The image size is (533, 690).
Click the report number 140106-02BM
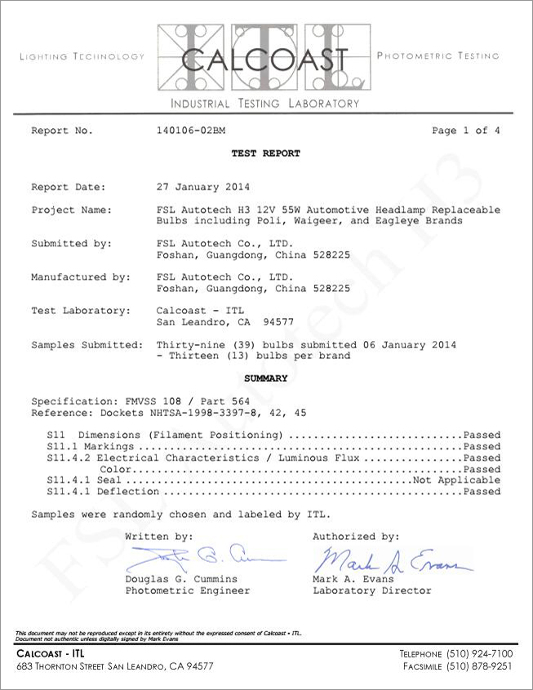[190, 130]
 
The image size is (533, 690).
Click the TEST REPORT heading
[265, 153]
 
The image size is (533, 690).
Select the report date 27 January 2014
[202, 187]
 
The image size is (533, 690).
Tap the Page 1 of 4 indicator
[465, 130]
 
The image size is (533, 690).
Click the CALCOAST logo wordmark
[265, 60]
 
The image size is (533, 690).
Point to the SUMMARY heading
[265, 378]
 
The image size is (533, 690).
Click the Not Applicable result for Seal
[455, 480]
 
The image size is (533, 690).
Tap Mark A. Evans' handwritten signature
[390, 561]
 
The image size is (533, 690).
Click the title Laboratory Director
[371, 590]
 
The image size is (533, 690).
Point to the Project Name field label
[70, 210]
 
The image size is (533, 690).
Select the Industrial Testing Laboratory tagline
[264, 104]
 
